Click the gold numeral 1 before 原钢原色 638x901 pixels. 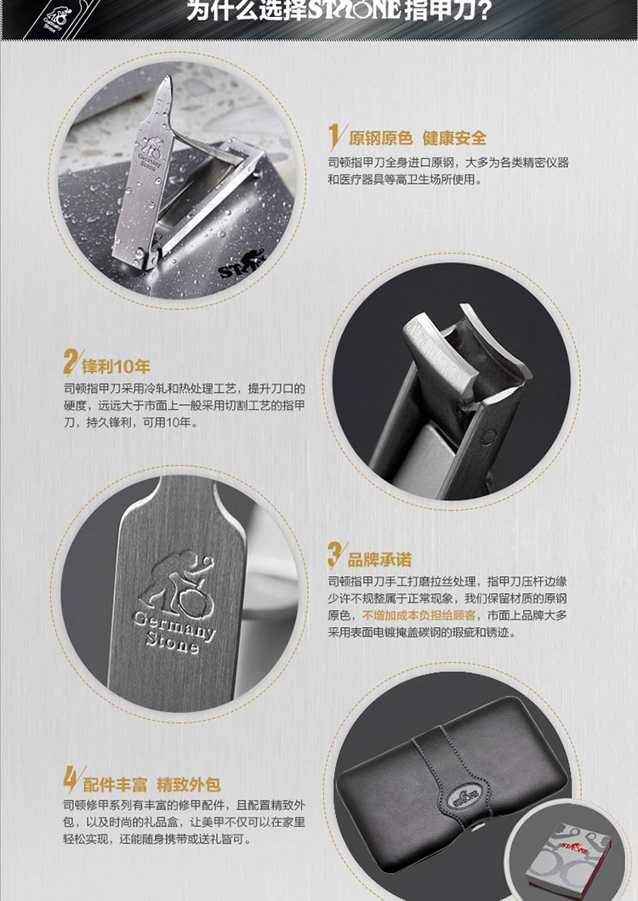coord(333,138)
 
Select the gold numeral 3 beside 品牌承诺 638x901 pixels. coord(335,555)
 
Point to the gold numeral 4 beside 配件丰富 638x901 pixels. coord(71,779)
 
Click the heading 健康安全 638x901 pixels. coord(454,138)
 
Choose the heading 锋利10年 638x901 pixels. coord(116,366)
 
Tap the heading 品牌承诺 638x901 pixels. coord(379,559)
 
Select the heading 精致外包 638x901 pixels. coord(189,784)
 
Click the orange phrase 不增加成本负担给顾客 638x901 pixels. coord(419,615)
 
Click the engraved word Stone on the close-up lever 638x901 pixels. coord(173,643)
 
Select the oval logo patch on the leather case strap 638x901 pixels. coord(464,797)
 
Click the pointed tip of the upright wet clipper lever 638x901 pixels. coord(168,77)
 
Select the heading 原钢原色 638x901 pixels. coord(380,138)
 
